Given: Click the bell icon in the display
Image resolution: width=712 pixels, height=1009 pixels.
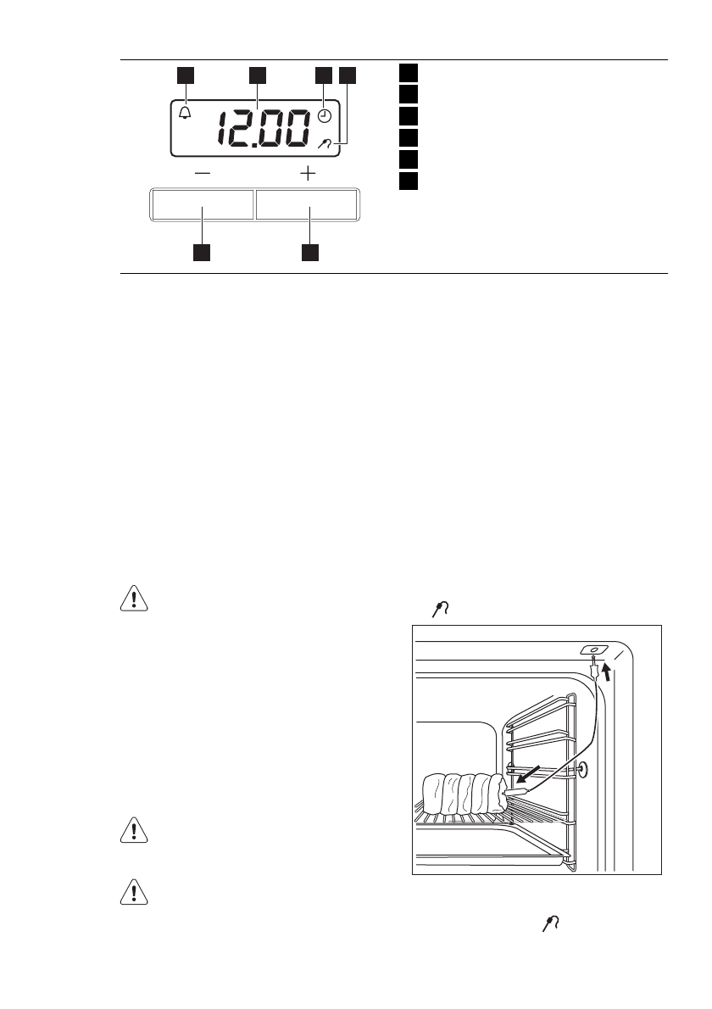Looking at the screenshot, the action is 186,113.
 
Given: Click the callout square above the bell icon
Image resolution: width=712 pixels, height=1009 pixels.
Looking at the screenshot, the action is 186,75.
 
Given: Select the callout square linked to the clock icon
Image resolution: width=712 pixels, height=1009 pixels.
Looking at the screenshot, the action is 324,75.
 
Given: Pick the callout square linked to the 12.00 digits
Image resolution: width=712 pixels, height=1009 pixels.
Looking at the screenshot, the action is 258,75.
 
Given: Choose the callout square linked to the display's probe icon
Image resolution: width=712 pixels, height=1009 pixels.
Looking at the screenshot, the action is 348,75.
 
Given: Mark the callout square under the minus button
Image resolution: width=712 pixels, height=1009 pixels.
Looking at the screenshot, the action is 203,252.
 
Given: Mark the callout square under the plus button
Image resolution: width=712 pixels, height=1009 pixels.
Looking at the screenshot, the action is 310,252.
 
